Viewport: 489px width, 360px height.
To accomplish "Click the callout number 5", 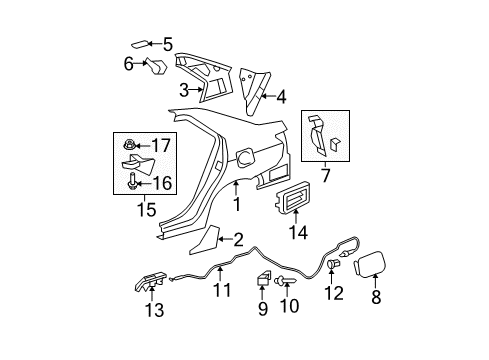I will pos(168,44).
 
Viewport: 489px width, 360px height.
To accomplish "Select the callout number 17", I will pos(160,146).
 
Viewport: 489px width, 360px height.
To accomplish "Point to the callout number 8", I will pos(376,297).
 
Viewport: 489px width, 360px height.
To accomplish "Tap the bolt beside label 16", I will pos(133,182).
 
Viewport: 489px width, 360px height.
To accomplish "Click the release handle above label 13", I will pos(143,287).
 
